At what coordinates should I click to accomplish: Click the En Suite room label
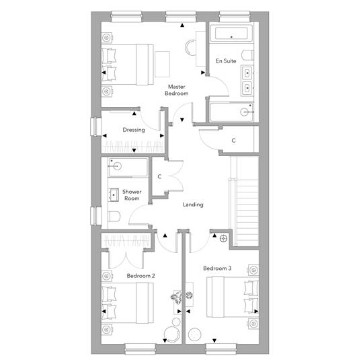click(226, 61)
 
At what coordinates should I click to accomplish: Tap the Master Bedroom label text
click(177, 90)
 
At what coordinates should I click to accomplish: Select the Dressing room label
click(134, 130)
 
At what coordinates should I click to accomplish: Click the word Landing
click(193, 205)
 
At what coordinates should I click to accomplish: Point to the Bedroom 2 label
click(141, 276)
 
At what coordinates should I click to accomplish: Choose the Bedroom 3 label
click(217, 268)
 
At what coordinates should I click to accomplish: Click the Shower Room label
click(132, 195)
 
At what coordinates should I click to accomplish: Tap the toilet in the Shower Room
click(114, 217)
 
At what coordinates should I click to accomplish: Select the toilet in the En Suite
click(247, 55)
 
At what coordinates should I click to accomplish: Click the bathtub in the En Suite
click(231, 34)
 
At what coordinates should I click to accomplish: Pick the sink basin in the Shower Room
click(114, 195)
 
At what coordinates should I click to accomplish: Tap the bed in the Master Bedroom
click(128, 65)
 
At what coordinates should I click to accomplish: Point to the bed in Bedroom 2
click(128, 303)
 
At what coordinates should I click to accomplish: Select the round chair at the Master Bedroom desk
click(191, 47)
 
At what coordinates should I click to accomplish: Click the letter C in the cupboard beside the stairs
click(233, 141)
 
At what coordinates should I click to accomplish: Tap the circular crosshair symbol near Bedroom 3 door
click(223, 239)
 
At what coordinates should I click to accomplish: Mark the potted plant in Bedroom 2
click(176, 297)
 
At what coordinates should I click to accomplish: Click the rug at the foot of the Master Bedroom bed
click(162, 65)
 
